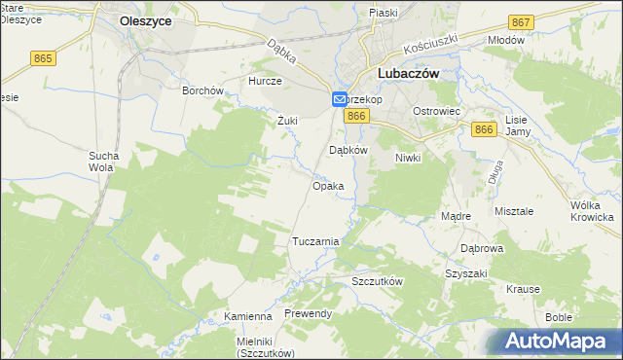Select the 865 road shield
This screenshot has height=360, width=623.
click(x=43, y=58)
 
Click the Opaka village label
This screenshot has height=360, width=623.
click(x=327, y=186)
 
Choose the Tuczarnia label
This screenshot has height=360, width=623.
click(x=315, y=241)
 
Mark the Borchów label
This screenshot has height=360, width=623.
click(x=203, y=90)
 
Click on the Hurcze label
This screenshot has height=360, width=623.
click(x=265, y=82)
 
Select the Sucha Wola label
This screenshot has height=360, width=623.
click(x=104, y=162)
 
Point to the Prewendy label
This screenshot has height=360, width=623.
click(x=309, y=314)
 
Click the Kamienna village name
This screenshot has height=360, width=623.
click(x=247, y=317)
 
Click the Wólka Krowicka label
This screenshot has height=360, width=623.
click(x=595, y=211)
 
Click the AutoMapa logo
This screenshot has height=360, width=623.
click(x=558, y=341)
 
